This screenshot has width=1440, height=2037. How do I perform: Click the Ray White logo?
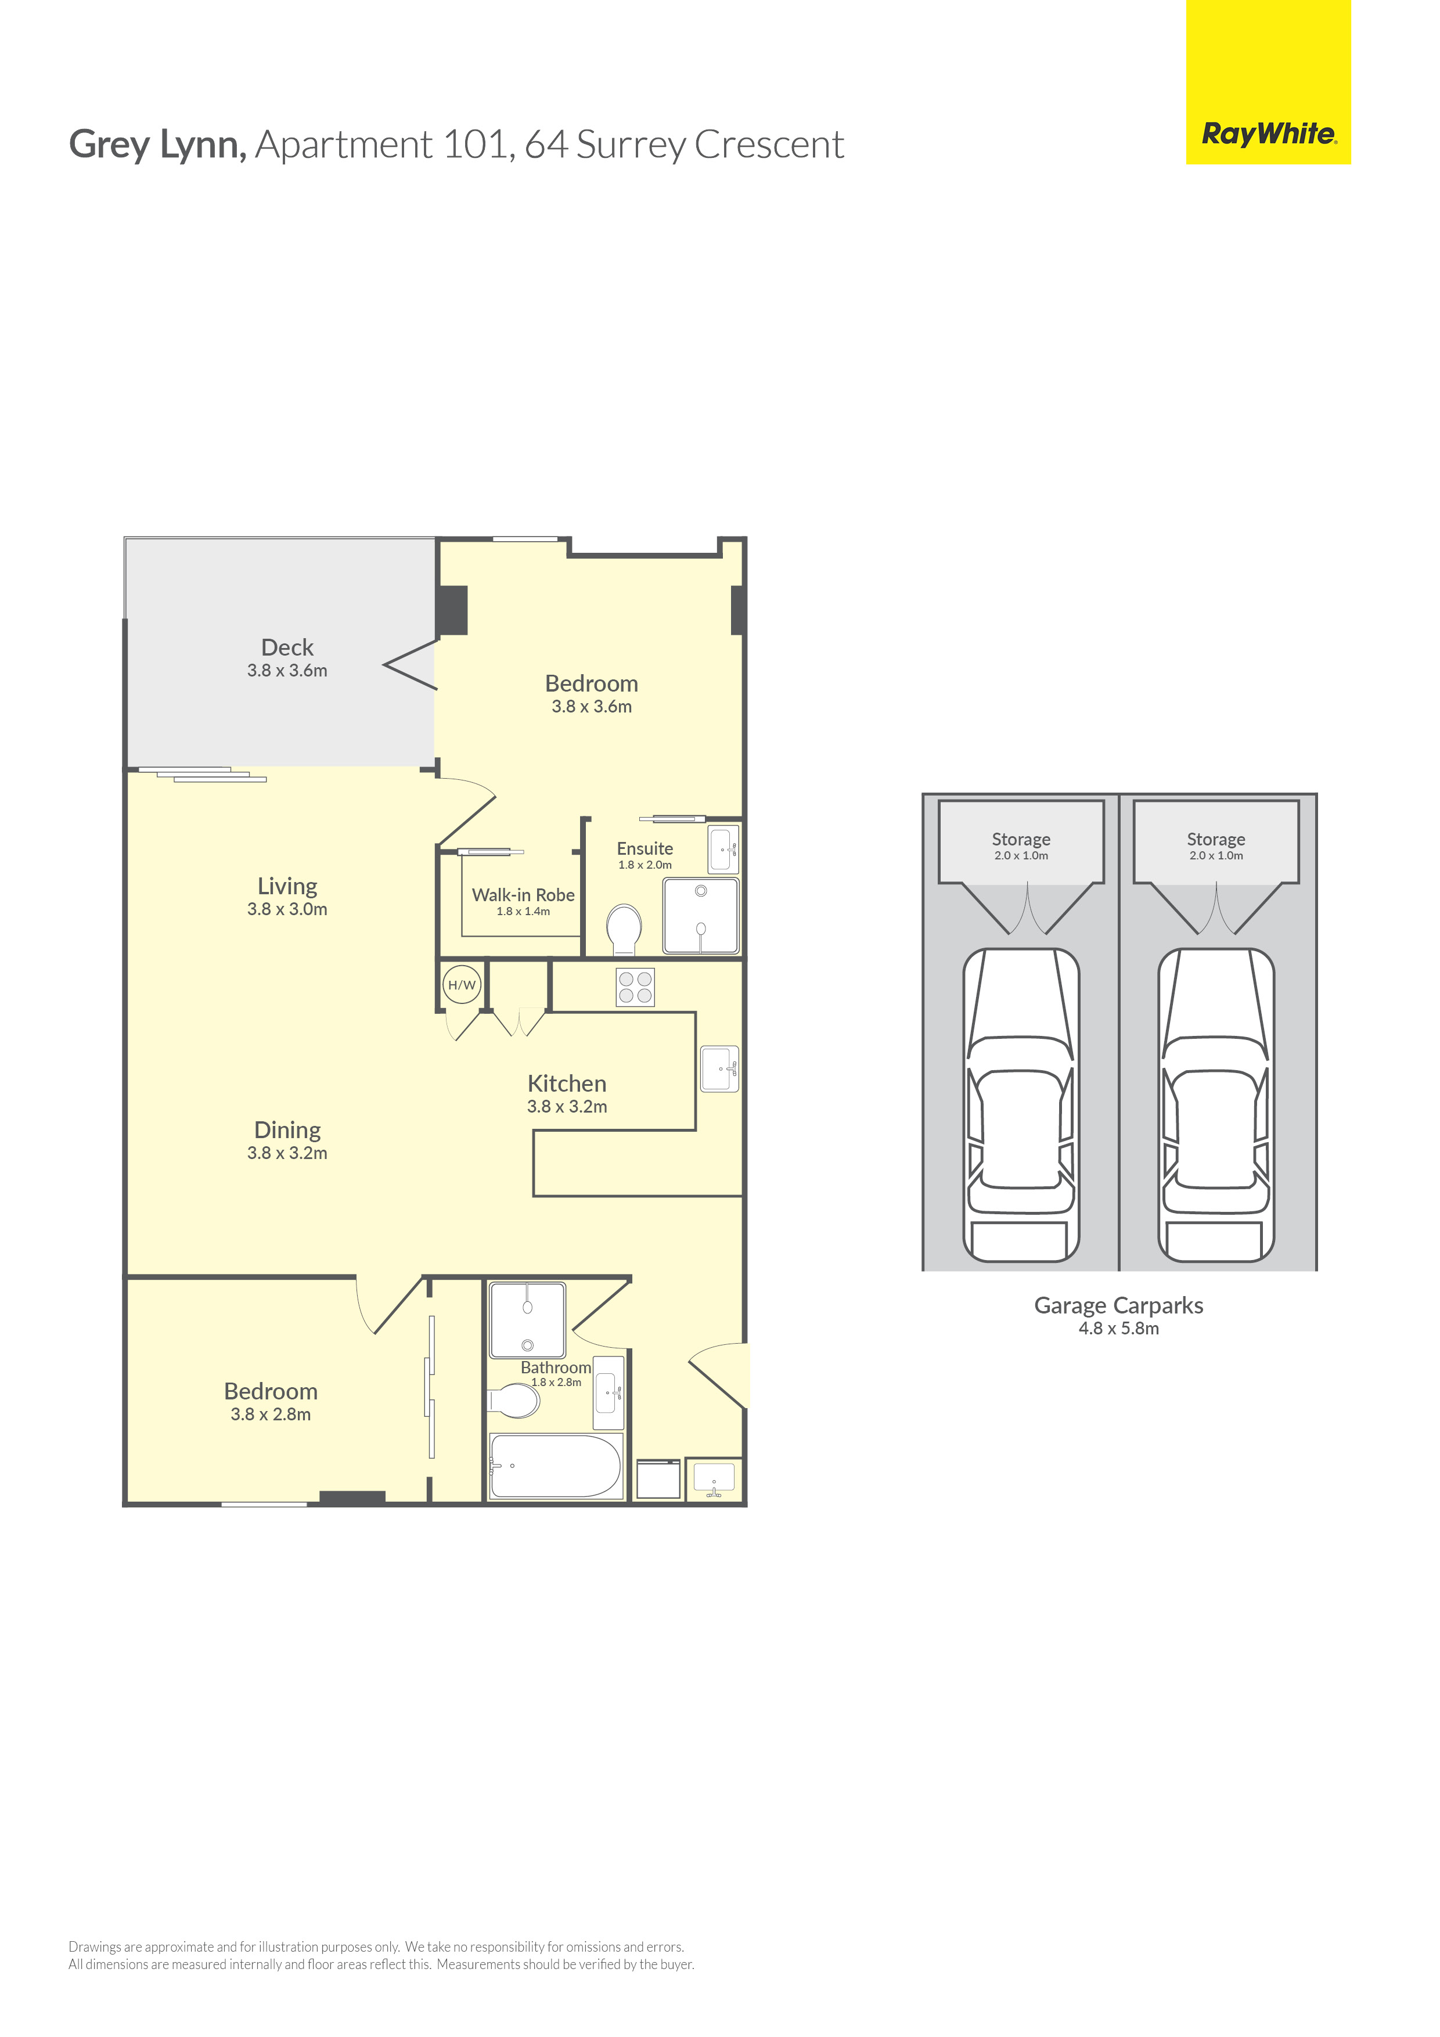pyautogui.click(x=1268, y=82)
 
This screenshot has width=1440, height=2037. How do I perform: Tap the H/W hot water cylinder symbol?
pyautogui.click(x=462, y=985)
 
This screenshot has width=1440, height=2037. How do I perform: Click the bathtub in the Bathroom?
pyautogui.click(x=556, y=1467)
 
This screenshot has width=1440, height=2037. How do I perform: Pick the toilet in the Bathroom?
pyautogui.click(x=514, y=1401)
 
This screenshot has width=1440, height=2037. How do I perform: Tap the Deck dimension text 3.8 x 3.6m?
pyautogui.click(x=287, y=671)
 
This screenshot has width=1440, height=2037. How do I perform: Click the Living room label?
pyautogui.click(x=287, y=886)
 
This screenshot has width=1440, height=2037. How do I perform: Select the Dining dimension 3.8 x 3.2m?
pyautogui.click(x=287, y=1153)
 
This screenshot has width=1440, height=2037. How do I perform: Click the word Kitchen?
pyautogui.click(x=567, y=1084)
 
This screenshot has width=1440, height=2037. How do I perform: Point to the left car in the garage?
pyautogui.click(x=1021, y=1104)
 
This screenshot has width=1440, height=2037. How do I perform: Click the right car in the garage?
pyautogui.click(x=1216, y=1104)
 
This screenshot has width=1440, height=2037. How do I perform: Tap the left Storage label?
pyautogui.click(x=1021, y=839)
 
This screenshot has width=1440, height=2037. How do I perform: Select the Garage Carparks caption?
pyautogui.click(x=1119, y=1305)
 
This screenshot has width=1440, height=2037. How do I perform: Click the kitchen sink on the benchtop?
pyautogui.click(x=719, y=1068)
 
